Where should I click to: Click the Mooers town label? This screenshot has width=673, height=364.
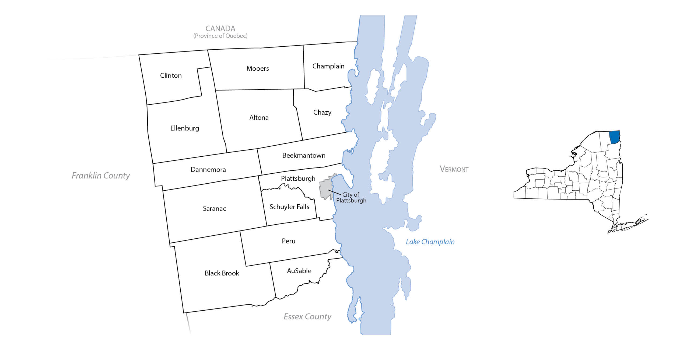(258, 68)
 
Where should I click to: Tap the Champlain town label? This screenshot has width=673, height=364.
(328, 66)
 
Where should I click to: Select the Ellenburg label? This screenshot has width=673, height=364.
(184, 128)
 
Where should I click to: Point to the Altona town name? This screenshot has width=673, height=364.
(259, 118)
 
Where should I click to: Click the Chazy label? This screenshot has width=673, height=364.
(322, 112)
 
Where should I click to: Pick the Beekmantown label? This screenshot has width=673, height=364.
(304, 155)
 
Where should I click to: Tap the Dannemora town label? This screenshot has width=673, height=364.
(208, 170)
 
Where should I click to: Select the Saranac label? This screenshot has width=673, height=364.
(214, 208)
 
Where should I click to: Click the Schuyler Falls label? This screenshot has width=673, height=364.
(289, 207)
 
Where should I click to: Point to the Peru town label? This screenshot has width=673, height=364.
(288, 241)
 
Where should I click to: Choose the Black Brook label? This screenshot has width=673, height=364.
(222, 273)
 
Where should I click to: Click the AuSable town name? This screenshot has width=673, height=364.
(299, 271)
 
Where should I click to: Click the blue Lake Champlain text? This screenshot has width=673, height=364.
(430, 242)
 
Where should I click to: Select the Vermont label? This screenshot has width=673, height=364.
(454, 169)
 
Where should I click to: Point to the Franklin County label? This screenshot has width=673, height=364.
(101, 176)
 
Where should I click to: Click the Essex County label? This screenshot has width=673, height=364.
(307, 316)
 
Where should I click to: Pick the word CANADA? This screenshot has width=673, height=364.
(220, 28)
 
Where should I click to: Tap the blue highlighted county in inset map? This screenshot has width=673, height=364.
(614, 137)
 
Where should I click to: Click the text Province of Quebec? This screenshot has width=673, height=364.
(220, 36)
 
